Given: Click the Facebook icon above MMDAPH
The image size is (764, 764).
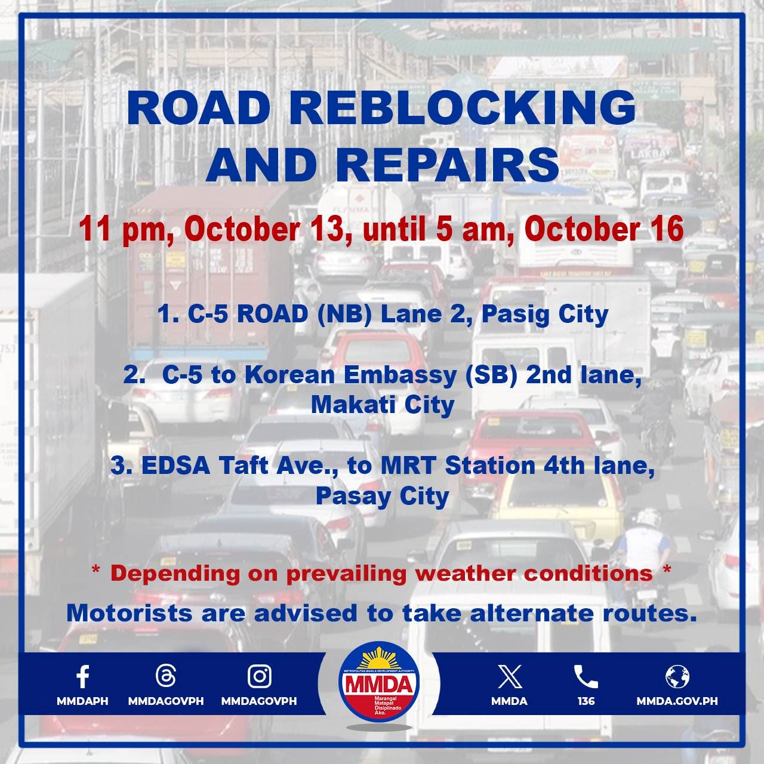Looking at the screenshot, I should (x=82, y=677).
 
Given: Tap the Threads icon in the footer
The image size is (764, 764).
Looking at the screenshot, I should (x=165, y=676).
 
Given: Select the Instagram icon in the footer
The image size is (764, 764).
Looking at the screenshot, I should (x=259, y=676).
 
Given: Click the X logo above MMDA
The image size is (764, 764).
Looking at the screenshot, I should (x=509, y=677).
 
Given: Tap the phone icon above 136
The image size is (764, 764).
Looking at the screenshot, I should (x=586, y=677).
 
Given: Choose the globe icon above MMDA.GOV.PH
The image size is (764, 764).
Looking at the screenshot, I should (x=677, y=677).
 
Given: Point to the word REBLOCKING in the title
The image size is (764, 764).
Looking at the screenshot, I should (x=466, y=108).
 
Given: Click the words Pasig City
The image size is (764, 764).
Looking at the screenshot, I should (x=544, y=314).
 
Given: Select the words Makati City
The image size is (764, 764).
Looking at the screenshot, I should (x=382, y=405).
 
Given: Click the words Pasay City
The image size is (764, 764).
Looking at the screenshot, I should (x=382, y=496).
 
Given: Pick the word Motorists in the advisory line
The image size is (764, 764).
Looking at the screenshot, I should (x=130, y=613).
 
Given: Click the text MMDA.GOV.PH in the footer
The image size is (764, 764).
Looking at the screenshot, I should (x=677, y=701).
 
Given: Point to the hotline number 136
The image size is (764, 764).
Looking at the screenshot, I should (x=586, y=701).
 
